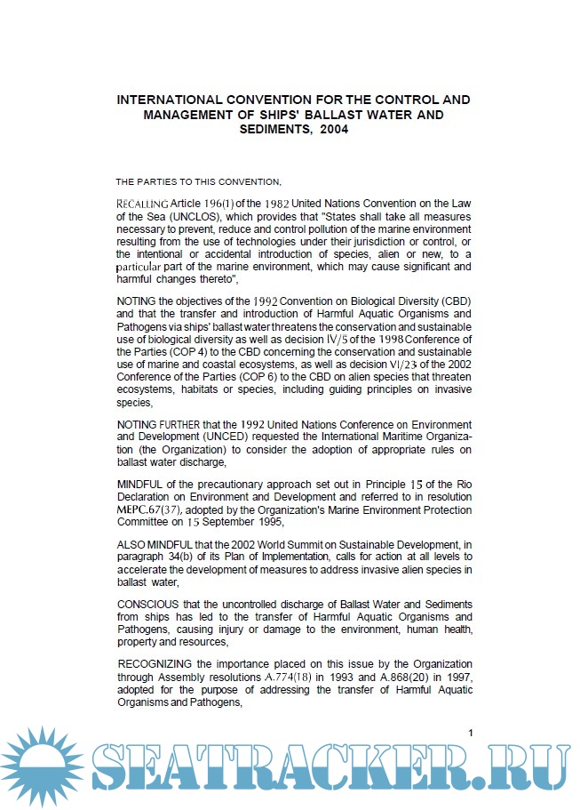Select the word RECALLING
coord(142,204)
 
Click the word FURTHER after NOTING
coord(178,425)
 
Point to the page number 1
coord(471,733)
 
